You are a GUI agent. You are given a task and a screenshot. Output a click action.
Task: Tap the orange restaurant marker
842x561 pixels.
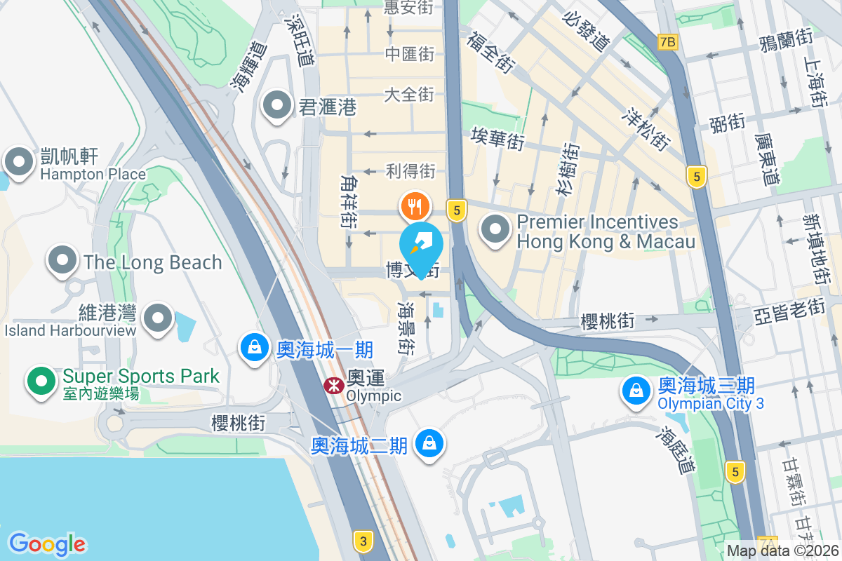tap(415, 206)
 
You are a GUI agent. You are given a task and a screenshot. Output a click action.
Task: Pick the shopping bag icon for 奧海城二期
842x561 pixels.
tap(427, 442)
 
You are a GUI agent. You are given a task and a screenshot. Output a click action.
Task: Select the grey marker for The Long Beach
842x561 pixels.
tap(62, 260)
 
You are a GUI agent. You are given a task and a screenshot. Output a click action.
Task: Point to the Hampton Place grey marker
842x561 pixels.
tap(18, 162)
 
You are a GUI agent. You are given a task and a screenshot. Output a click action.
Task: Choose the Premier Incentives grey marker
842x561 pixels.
tap(497, 229)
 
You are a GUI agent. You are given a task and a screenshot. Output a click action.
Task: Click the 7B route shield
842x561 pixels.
tap(668, 42)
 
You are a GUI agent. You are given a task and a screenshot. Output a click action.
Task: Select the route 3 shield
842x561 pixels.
tap(363, 541)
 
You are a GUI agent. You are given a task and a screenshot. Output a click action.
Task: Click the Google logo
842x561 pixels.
tap(47, 544)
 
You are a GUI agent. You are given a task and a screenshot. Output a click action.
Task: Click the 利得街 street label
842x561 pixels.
tap(410, 170)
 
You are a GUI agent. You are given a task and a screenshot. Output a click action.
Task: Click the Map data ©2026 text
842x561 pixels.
tap(783, 550)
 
